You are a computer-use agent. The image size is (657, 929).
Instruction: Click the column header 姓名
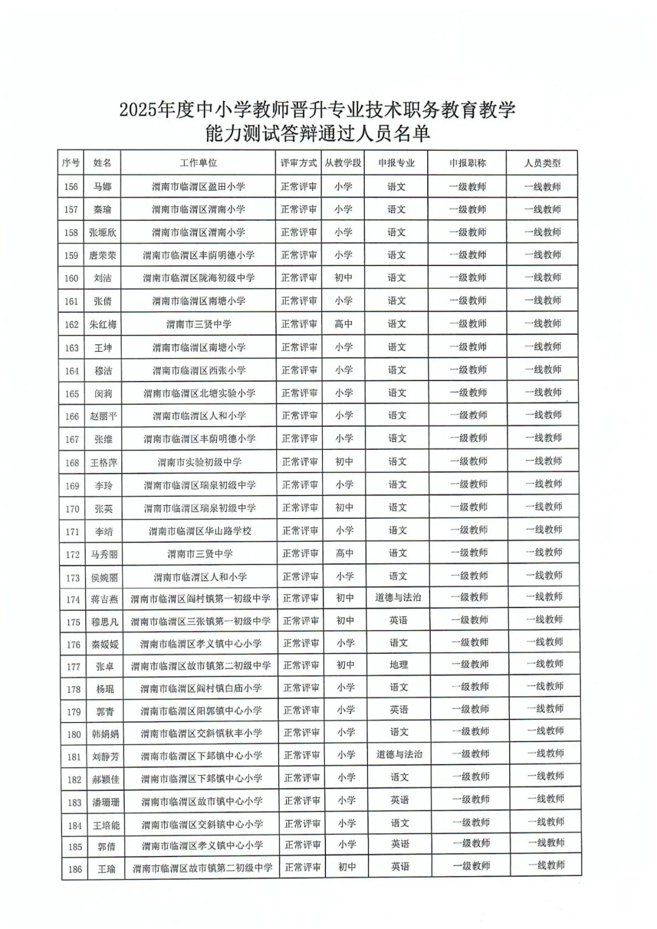coord(102,163)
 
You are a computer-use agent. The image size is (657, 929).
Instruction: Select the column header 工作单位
coord(198,163)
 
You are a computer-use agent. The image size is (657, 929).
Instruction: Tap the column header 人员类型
coord(543,163)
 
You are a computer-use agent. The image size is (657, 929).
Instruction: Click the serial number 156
coord(71,187)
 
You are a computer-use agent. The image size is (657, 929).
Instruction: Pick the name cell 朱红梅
coord(103,324)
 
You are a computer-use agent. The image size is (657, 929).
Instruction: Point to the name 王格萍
coord(103,463)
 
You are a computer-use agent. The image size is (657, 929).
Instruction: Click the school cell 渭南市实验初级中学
coord(200,462)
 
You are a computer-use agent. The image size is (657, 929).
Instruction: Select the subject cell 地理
coord(398,665)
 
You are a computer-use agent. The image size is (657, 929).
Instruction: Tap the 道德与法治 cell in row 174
coord(398,598)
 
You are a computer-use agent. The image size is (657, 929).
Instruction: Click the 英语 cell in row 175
coord(398,620)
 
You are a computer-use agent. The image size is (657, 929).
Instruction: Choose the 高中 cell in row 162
coord(344,324)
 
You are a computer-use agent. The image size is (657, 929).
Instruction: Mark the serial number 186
coord(75,869)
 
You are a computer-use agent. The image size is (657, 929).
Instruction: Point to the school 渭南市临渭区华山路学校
coord(200,531)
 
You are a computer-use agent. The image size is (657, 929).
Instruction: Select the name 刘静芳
coord(105,757)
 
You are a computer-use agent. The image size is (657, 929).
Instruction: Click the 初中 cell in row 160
coord(344,278)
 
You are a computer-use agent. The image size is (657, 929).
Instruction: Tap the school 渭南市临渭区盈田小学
coord(198,187)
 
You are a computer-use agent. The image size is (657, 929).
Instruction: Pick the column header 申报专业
coord(396,163)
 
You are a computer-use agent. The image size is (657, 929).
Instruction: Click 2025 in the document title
coord(138,110)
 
